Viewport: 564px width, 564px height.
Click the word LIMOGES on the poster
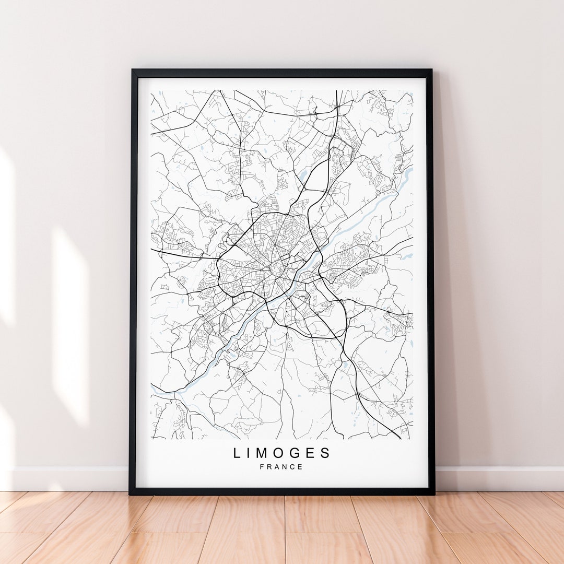point(282,453)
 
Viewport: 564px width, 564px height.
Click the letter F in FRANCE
point(262,467)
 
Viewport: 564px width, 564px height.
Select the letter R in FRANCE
point(269,467)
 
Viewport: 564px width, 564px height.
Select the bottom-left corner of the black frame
point(131,493)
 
